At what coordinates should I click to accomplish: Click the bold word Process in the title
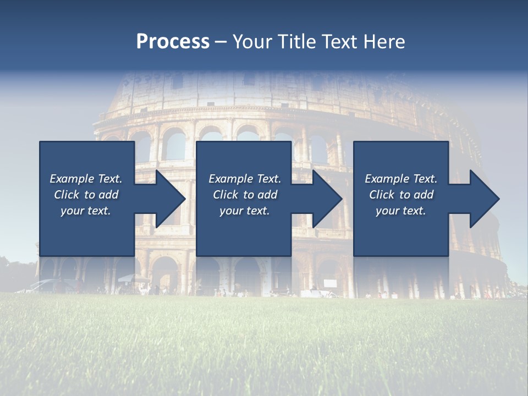click(x=173, y=42)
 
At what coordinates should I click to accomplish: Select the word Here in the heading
click(x=384, y=42)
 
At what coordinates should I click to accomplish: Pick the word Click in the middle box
click(x=226, y=195)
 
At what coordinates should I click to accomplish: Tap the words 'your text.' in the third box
click(x=401, y=211)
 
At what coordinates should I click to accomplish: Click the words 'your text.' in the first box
click(x=86, y=211)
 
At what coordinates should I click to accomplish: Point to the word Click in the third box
click(x=382, y=195)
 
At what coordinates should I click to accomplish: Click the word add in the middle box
click(x=267, y=195)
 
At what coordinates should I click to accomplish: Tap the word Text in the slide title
click(x=338, y=42)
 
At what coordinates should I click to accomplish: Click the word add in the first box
click(x=108, y=195)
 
